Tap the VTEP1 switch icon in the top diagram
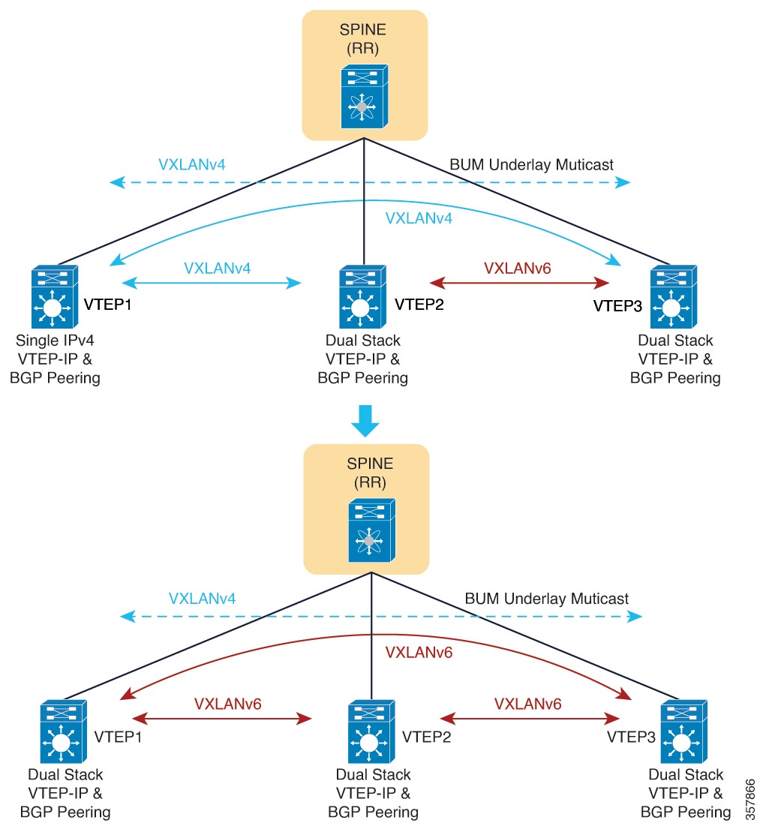tap(53, 296)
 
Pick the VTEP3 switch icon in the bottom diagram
tap(681, 731)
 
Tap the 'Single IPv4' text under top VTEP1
tap(59, 341)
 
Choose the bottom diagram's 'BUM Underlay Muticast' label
tap(547, 599)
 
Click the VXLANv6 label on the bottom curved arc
tap(419, 652)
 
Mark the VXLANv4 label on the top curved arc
tap(419, 218)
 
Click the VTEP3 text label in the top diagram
tap(617, 306)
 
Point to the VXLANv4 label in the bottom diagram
tap(203, 599)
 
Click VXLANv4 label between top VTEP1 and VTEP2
tap(218, 267)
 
